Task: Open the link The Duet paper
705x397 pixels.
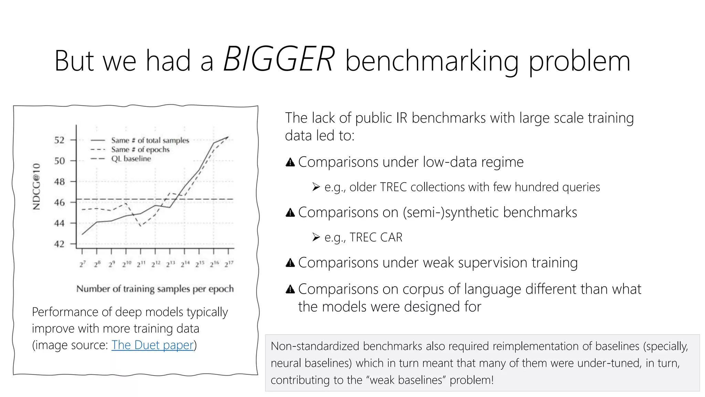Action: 152,345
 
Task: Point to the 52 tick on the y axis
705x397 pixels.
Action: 59,140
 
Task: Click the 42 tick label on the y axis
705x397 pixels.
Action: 59,244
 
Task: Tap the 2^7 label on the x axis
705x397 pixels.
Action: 82,264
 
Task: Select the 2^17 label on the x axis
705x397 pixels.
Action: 229,264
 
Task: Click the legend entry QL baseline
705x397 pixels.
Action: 131,159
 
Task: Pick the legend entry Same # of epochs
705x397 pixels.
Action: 140,150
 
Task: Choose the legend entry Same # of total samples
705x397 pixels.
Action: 150,140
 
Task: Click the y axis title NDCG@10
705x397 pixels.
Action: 36,186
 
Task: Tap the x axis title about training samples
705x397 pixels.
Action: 155,289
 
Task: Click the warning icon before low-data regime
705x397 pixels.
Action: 290,162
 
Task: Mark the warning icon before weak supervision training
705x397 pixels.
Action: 290,263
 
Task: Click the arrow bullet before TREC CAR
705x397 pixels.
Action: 316,237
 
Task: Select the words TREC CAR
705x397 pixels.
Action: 376,237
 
